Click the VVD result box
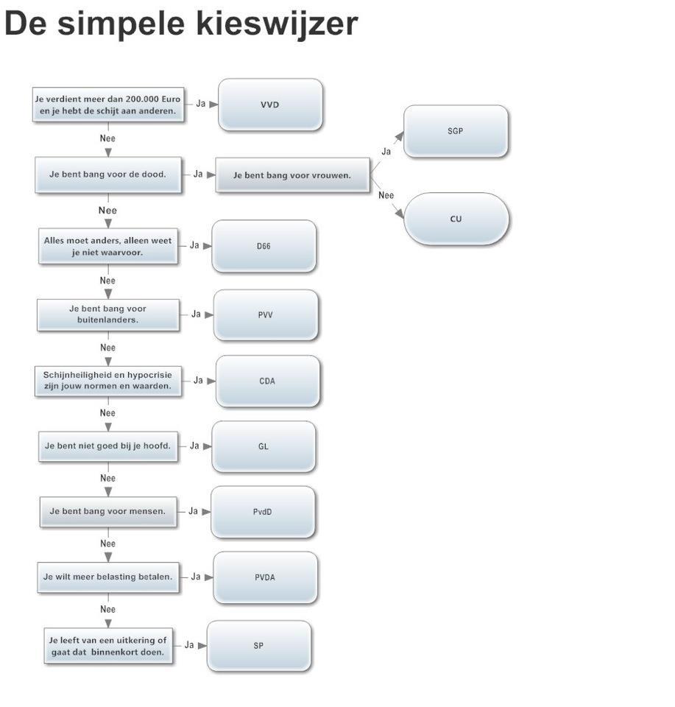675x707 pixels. click(x=270, y=105)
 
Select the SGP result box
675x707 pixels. click(x=456, y=131)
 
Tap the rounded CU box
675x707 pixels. click(x=456, y=219)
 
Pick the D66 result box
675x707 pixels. click(x=264, y=246)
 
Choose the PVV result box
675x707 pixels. click(x=266, y=314)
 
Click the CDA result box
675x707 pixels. click(x=268, y=381)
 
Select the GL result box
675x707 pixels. click(x=264, y=446)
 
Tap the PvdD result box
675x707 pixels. click(x=263, y=512)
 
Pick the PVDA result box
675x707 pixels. click(x=265, y=577)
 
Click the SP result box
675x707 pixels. click(x=258, y=646)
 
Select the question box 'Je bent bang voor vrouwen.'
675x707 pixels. click(x=292, y=175)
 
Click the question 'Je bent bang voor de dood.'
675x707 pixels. click(x=108, y=175)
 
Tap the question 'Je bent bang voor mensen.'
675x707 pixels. click(x=108, y=511)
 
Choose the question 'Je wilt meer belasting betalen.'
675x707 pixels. click(x=108, y=577)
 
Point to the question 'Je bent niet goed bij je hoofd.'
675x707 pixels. click(x=108, y=446)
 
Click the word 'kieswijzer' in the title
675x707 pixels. click(x=277, y=23)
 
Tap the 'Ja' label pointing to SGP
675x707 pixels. click(x=386, y=152)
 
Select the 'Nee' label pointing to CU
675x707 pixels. click(x=386, y=195)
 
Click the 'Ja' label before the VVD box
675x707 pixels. click(x=201, y=104)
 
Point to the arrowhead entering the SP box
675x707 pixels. click(x=202, y=646)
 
